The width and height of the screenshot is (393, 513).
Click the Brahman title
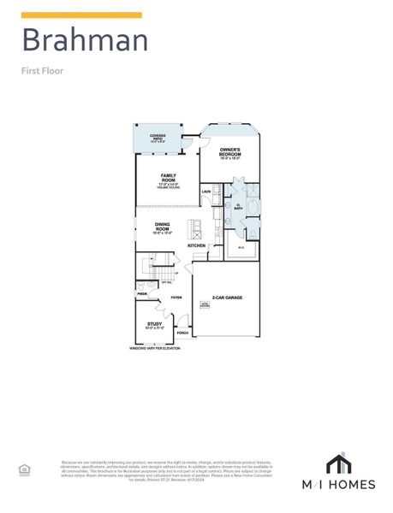84,40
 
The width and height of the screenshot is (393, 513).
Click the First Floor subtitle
42,71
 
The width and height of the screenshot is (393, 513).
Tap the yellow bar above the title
81,15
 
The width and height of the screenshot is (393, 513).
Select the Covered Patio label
158,137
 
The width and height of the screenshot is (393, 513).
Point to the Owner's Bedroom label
229,153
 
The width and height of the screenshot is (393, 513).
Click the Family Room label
168,178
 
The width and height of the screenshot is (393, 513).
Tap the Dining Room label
163,228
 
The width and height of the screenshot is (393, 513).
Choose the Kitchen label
197,245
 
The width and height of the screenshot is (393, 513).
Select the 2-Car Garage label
227,298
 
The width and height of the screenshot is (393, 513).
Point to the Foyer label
176,298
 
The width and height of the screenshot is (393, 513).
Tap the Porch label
182,333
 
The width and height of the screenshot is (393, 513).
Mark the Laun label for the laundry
205,192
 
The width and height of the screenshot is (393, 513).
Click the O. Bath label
237,206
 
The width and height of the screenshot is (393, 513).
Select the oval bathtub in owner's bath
253,207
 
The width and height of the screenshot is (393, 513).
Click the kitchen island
195,229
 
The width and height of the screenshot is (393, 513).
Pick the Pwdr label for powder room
142,293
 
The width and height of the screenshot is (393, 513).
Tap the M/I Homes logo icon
339,463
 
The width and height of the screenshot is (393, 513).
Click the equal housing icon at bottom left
24,469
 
